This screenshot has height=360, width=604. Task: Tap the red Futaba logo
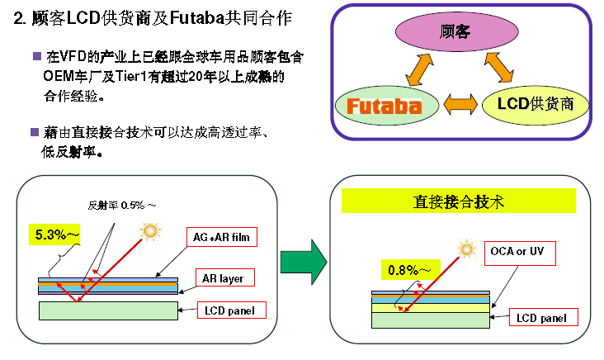coord(385,106)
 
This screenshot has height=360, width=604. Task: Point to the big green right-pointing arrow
coord(304,262)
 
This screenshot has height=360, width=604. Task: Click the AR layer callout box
coord(224,278)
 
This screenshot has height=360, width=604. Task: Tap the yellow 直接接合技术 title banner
coord(458,201)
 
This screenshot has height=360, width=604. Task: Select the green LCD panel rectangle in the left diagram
coord(108,310)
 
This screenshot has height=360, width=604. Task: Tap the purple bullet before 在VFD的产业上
coord(37,56)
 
